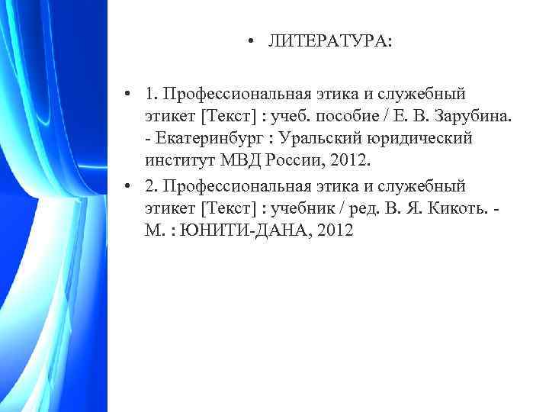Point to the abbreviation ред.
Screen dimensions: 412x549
374,208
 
